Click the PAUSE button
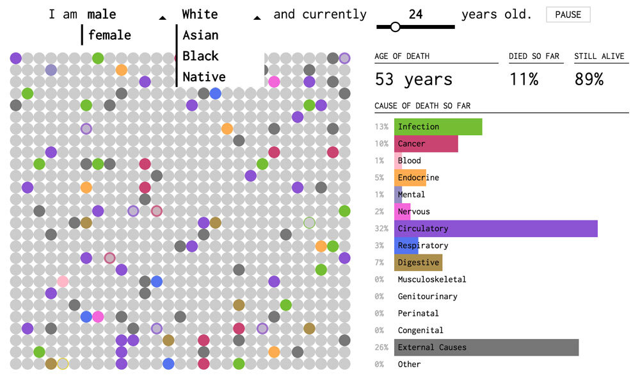[568, 15]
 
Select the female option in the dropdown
[109, 35]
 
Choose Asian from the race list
[200, 35]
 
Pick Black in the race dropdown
[200, 56]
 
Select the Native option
[204, 77]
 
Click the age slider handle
[395, 27]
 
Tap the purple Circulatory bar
[496, 229]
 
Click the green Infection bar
[438, 127]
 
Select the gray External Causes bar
[486, 347]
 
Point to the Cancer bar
[426, 144]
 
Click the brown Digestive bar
[419, 263]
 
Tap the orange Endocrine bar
[410, 177]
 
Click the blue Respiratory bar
[406, 245]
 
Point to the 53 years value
[413, 79]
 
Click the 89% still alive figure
[588, 79]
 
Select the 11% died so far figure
[524, 79]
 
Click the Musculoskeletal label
[431, 279]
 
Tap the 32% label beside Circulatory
[382, 229]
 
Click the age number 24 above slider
[415, 14]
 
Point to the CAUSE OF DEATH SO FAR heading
[422, 106]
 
